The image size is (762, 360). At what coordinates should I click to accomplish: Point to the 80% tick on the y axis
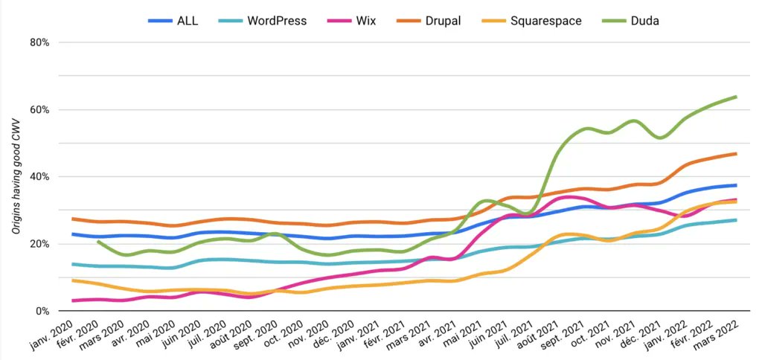click(x=39, y=42)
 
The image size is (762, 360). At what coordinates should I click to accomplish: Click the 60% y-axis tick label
click(x=39, y=109)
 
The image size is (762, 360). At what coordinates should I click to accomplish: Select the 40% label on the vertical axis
click(x=39, y=177)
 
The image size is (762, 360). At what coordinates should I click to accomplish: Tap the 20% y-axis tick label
click(x=39, y=244)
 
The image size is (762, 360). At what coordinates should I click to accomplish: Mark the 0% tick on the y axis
click(x=42, y=311)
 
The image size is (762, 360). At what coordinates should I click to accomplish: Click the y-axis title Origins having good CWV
click(x=16, y=177)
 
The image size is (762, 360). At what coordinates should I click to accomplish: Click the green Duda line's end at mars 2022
click(x=737, y=97)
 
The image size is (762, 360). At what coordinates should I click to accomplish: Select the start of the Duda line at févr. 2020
click(x=97, y=241)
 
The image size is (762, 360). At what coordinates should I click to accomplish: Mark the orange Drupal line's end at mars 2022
click(x=737, y=154)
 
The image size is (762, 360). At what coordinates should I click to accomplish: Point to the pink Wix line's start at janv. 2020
click(x=72, y=300)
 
